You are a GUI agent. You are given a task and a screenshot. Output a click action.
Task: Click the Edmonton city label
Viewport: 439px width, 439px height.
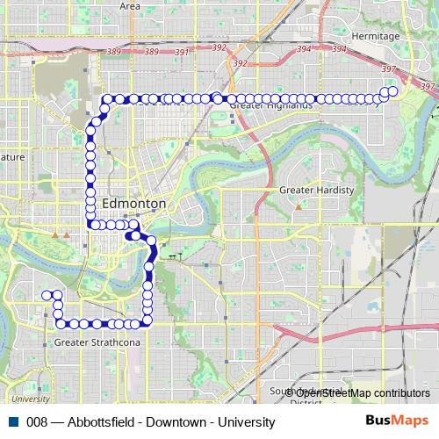coord(134,203)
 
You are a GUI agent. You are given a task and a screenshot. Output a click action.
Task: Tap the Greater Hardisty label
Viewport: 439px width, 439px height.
coord(316,190)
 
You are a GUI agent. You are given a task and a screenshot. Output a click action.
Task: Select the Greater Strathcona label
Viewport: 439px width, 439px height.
coord(97,342)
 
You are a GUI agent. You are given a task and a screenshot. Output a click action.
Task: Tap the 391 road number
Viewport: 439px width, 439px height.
coord(182,53)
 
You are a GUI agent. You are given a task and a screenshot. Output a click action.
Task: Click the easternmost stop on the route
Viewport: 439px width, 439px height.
coord(392,91)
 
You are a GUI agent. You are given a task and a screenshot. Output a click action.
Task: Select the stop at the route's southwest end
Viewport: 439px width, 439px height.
coord(46,295)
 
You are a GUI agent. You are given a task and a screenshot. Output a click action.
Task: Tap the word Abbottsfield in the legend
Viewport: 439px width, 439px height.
coord(97,422)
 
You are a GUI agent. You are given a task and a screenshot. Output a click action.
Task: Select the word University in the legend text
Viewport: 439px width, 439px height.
coord(241,422)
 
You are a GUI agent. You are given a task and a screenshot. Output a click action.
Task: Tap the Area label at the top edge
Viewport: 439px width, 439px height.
coord(130,5)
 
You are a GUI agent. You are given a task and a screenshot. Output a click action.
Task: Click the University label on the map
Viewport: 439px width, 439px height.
coord(31,398)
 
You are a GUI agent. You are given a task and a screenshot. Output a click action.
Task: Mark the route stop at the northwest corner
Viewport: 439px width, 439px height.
coord(107,98)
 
